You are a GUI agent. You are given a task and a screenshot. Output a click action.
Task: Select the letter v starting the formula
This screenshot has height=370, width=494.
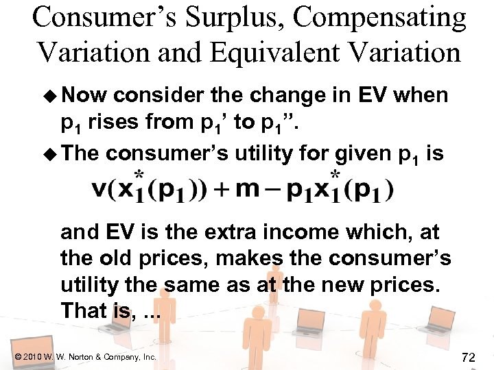(x=99, y=190)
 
